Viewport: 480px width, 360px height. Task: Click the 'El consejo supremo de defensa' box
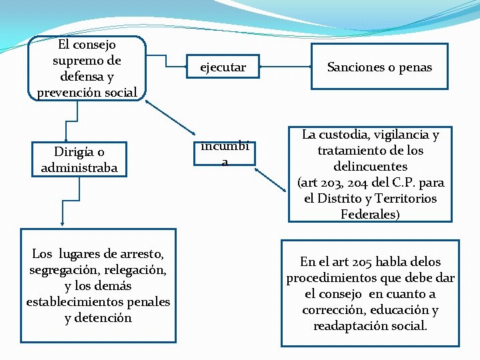pos(87,68)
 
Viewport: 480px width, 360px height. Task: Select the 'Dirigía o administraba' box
pos(79,160)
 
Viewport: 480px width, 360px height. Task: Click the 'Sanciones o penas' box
pos(379,67)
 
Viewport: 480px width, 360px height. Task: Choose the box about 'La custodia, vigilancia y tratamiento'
pos(370,174)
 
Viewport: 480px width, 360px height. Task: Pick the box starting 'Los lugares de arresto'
pos(98,285)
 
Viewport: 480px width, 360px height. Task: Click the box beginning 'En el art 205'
pos(370,293)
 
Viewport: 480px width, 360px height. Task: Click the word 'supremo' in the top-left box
pos(77,60)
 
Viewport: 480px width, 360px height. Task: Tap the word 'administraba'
pos(79,168)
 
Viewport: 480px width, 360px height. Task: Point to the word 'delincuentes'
pos(370,167)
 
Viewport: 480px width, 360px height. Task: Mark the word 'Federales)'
pos(370,215)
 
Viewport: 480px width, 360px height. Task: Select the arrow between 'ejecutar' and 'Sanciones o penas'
pos(287,67)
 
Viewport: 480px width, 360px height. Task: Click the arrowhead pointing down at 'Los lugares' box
pos(62,223)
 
